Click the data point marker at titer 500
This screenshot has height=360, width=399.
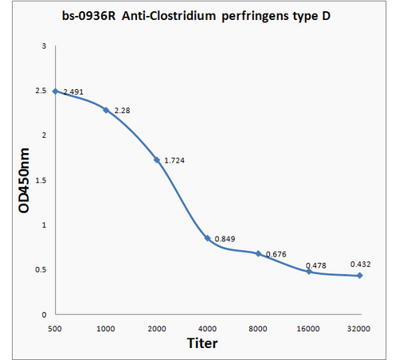click(x=55, y=92)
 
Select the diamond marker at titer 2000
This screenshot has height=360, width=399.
click(x=157, y=160)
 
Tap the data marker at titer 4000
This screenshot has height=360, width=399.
click(x=208, y=238)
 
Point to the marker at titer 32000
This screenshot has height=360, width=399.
click(x=360, y=276)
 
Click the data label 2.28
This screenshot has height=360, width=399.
click(x=122, y=111)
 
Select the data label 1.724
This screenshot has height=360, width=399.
click(x=174, y=160)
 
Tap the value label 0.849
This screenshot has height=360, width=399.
click(x=225, y=239)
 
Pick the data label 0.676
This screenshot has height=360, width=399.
click(x=276, y=254)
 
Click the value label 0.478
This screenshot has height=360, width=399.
click(x=316, y=265)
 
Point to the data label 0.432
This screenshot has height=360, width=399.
click(x=361, y=264)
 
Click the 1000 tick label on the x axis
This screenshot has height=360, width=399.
click(x=106, y=329)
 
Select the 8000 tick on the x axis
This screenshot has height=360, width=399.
click(x=258, y=329)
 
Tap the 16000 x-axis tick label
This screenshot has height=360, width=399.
click(x=308, y=329)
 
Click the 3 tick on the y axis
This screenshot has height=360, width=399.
click(x=44, y=46)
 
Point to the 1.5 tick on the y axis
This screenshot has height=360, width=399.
click(x=41, y=181)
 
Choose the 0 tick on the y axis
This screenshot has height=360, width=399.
click(x=44, y=315)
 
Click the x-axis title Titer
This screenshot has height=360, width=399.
click(x=202, y=343)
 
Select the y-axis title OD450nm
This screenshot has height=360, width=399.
click(x=24, y=181)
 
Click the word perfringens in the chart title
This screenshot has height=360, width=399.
click(x=255, y=17)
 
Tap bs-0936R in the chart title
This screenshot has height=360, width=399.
click(x=89, y=16)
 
